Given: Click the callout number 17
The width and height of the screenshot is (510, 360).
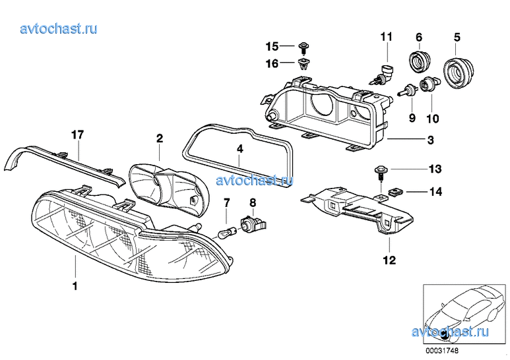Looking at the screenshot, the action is (x=78, y=135).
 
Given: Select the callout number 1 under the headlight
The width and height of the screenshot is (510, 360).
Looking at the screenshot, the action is (x=75, y=286).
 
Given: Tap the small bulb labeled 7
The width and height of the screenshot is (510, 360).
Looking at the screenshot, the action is (x=224, y=232).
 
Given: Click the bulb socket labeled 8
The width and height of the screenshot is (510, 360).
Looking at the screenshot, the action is (x=253, y=224).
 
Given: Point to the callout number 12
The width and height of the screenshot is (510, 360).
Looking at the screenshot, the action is (x=390, y=260).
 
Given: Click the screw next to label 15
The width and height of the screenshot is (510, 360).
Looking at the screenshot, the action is (x=304, y=48).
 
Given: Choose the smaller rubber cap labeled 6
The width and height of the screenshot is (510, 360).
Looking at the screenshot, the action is (x=419, y=61).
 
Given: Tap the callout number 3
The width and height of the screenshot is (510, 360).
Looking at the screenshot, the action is (x=430, y=140).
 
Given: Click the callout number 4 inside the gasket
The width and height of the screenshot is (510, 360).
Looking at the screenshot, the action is (x=239, y=149).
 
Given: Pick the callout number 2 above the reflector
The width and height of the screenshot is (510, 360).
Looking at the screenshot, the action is (x=160, y=138).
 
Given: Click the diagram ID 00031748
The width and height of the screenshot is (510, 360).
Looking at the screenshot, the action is (x=441, y=351).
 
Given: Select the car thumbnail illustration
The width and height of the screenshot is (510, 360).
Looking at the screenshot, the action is (x=465, y=315).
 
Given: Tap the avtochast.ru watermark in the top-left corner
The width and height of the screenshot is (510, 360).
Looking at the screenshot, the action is (x=59, y=28).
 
